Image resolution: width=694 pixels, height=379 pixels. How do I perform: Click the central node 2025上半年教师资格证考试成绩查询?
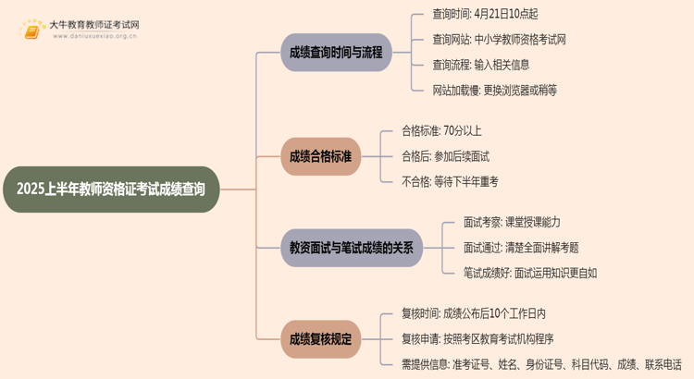pos(110,189)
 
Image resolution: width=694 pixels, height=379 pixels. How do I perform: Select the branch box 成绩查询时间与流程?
pos(335,53)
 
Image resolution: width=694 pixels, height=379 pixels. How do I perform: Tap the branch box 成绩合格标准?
pos(320,156)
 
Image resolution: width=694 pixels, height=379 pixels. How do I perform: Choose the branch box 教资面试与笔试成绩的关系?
pos(351,248)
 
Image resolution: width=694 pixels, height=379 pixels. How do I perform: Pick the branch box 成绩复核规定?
pos(320,338)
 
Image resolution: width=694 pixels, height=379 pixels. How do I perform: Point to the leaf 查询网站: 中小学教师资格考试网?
pos(499,40)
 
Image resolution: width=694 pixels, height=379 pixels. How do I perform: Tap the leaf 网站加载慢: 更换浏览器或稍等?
pos(494,90)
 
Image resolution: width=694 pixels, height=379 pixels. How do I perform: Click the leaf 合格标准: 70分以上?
pos(440,130)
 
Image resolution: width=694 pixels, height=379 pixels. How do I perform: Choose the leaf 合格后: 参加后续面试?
pos(444,156)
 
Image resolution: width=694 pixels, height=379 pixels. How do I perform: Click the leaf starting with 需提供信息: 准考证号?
pos(540,364)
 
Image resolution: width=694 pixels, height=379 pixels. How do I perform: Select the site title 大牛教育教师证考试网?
pos(95,24)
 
